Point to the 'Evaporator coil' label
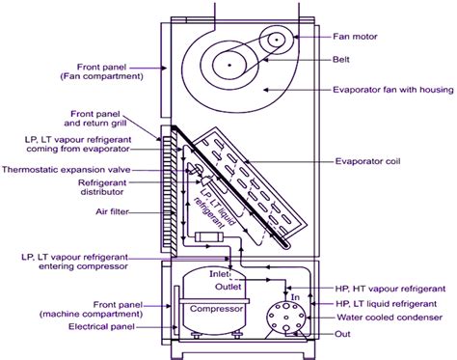click(384, 161)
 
